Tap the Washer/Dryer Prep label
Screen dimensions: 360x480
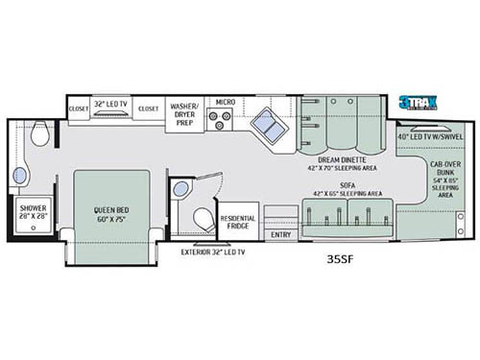tap(184, 108)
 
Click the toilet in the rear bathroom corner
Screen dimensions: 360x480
tap(40, 134)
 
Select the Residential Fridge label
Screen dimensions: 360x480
tap(238, 221)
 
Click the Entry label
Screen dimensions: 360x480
tap(280, 234)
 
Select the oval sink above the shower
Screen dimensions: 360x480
tap(20, 175)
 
